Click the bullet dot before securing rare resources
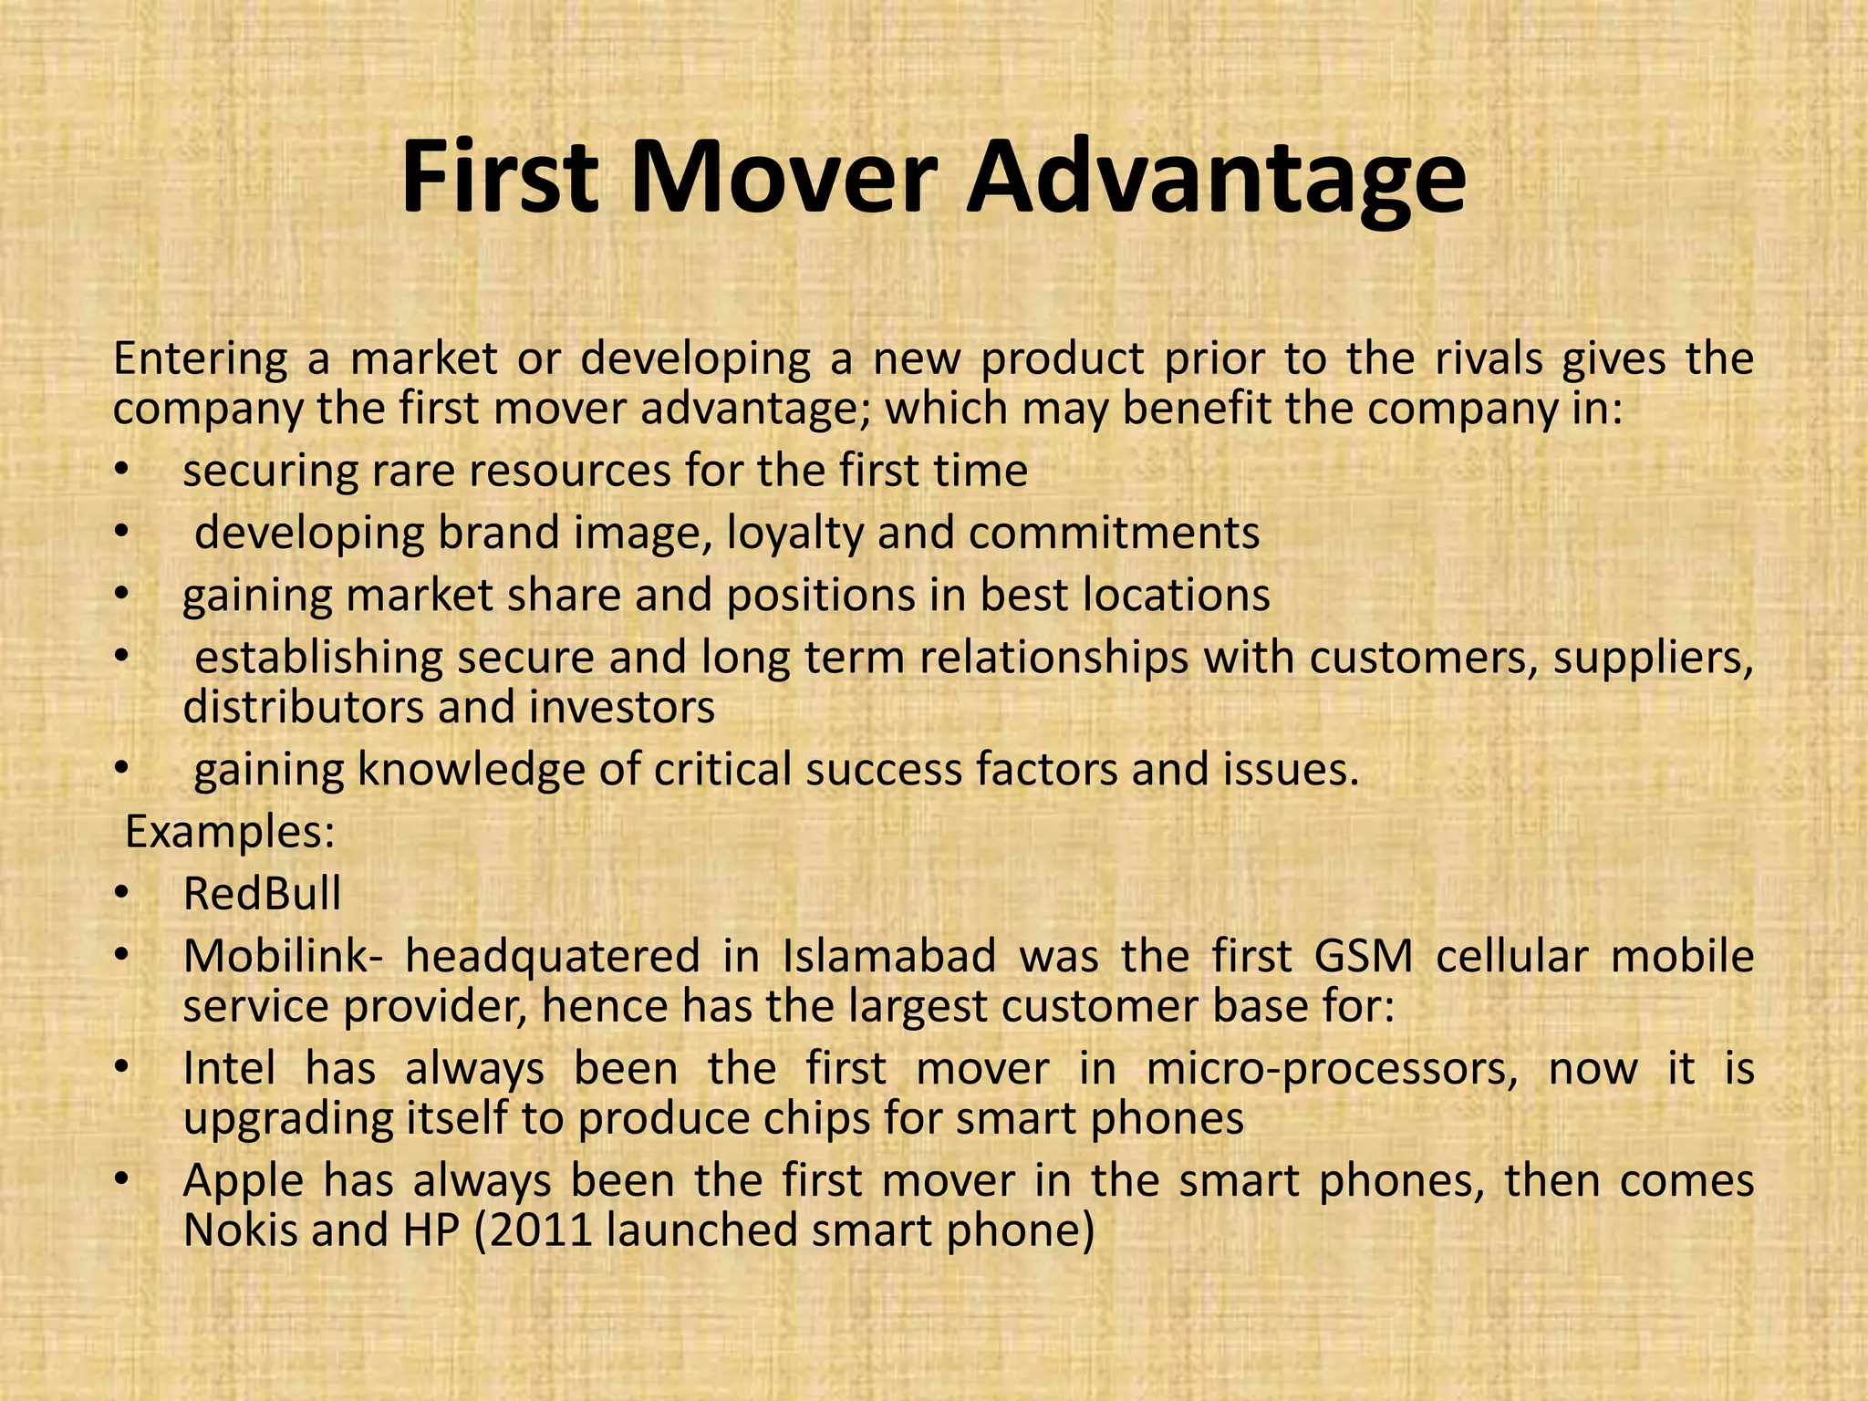[x=121, y=472]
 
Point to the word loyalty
[x=794, y=534]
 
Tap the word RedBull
[x=262, y=894]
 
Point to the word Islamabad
[x=889, y=957]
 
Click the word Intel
[x=229, y=1068]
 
